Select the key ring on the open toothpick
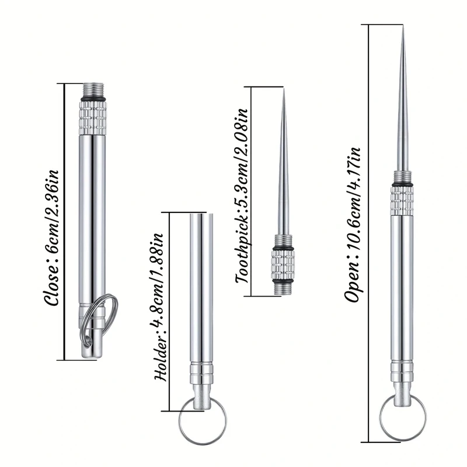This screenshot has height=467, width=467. coord(402,417)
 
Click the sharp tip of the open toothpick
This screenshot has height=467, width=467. coord(402,29)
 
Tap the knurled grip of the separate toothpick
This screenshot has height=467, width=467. coord(284,263)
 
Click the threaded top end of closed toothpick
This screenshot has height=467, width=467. coord(93,90)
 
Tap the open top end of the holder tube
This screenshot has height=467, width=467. coord(201,215)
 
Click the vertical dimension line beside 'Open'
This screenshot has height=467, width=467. coord(370,233)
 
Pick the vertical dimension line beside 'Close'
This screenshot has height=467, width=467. coord(64,222)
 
